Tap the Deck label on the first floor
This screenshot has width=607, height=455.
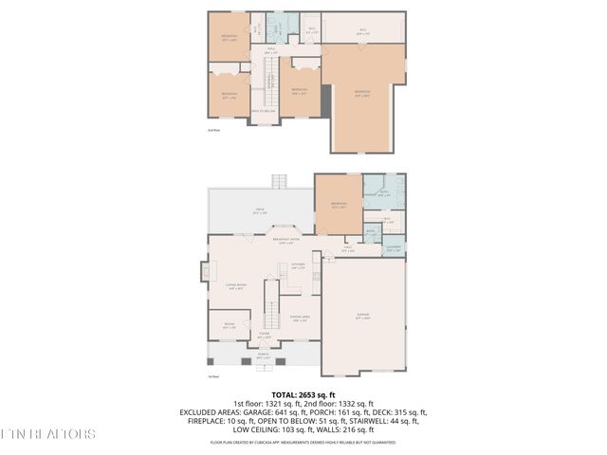tap(259, 212)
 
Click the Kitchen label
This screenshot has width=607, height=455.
tap(299, 266)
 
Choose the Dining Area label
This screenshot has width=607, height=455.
tap(300, 318)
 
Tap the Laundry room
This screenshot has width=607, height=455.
tap(393, 249)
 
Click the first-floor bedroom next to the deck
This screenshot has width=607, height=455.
tap(338, 204)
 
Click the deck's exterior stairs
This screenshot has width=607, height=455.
tap(279, 181)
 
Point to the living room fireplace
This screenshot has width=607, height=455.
tap(206, 272)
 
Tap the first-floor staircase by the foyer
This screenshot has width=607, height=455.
tap(269, 306)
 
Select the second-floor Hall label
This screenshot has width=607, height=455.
tap(270, 51)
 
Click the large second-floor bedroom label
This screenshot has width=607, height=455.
tap(361, 93)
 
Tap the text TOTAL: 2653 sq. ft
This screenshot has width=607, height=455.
tap(303, 394)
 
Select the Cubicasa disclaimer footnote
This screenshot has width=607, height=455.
tap(303, 442)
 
